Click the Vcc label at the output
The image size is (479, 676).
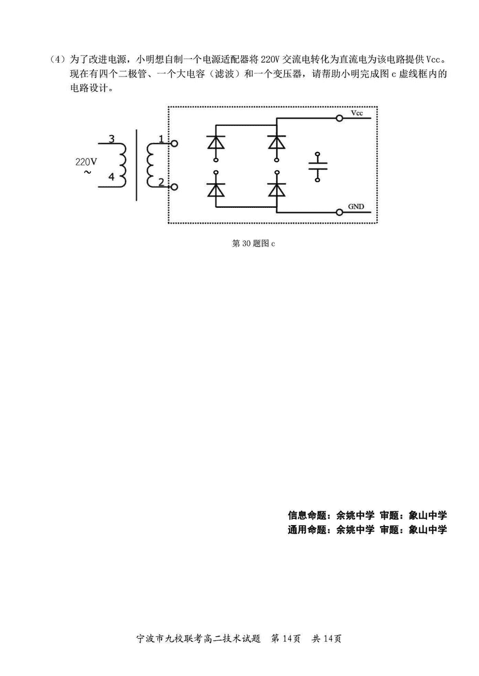[357, 113]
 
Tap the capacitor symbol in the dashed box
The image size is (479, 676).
[318, 167]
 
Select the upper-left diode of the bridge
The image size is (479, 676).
[216, 142]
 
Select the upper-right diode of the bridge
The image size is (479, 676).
[276, 142]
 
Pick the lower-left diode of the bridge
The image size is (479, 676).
[216, 189]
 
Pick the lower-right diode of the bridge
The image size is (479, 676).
[276, 189]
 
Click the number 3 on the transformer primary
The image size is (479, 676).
[111, 139]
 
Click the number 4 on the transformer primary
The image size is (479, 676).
[111, 178]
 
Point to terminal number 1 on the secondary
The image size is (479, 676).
[161, 139]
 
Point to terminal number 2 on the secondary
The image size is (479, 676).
[161, 182]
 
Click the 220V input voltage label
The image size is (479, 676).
[86, 162]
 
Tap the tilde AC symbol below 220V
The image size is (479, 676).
[87, 173]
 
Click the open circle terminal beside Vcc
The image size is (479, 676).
[339, 119]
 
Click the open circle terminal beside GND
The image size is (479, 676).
[339, 212]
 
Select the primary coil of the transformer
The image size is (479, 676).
[123, 165]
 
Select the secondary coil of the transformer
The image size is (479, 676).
[150, 165]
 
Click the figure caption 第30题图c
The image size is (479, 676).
[253, 243]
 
